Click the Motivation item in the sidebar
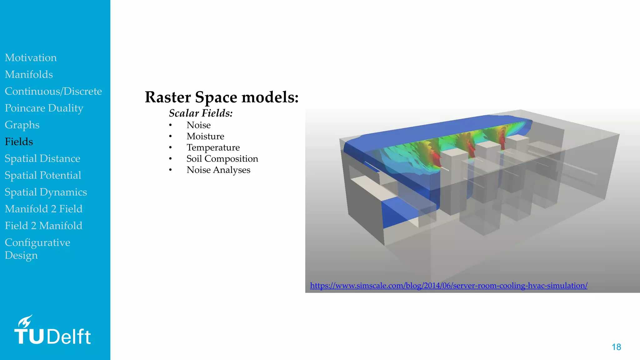(31, 58)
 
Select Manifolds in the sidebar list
(29, 75)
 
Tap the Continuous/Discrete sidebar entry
(53, 91)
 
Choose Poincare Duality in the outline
(44, 108)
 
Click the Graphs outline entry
(22, 125)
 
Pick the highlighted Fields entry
(19, 142)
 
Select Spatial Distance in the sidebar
(42, 158)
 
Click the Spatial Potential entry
(43, 175)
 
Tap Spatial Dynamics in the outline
(46, 192)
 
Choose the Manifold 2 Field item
(43, 209)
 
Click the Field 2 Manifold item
(43, 226)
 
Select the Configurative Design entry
(37, 249)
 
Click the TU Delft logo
(52, 331)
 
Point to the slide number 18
(616, 347)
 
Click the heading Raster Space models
(222, 97)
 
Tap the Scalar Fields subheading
(201, 113)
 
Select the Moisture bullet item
(205, 136)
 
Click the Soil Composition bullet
(222, 159)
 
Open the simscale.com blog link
(448, 286)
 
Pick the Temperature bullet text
(213, 147)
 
